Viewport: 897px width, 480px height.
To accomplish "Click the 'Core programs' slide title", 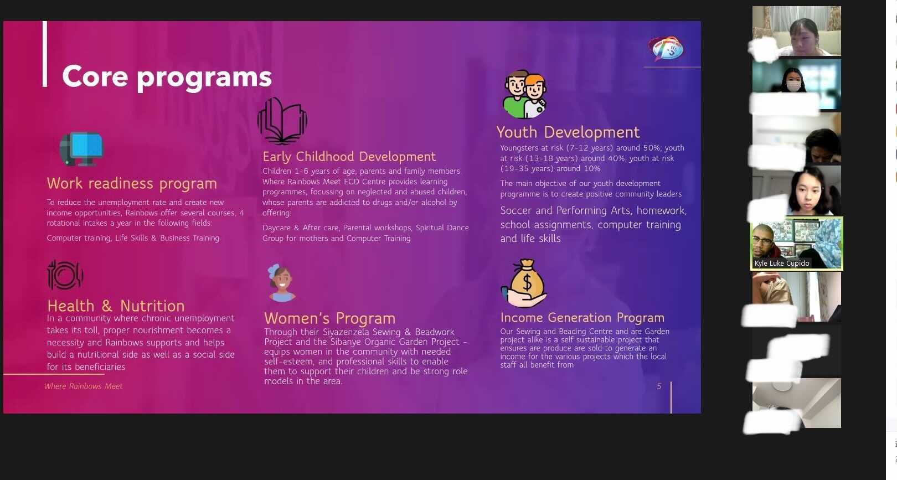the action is [x=167, y=76].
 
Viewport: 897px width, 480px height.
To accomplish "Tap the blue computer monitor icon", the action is [x=81, y=149].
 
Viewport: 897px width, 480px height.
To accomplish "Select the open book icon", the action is [x=282, y=121].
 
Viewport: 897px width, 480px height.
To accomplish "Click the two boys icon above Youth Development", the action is [x=524, y=95].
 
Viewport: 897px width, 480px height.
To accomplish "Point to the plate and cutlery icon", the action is [x=65, y=275].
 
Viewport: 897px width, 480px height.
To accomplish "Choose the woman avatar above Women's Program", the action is [x=281, y=283].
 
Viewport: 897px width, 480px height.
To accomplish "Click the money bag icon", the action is [x=524, y=283].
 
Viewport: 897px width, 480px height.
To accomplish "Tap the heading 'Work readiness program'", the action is [x=132, y=184].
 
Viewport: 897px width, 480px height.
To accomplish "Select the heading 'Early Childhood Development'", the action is [x=349, y=157].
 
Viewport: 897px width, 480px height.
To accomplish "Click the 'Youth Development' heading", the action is [x=568, y=132].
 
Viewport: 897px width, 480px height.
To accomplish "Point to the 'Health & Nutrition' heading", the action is [x=116, y=306].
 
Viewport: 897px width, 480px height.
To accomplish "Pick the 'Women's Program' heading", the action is [x=329, y=319].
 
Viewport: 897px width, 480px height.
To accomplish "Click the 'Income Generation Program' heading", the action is [x=582, y=317].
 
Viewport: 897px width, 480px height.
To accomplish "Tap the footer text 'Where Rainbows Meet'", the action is [x=83, y=386].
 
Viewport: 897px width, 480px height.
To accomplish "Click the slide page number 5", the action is [x=659, y=386].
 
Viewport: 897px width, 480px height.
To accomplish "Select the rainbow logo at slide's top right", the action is [x=666, y=48].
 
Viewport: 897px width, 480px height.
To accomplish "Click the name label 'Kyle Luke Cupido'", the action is [x=782, y=264].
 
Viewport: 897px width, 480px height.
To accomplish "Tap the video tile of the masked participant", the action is [x=796, y=84].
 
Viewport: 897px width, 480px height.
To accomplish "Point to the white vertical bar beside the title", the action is [x=45, y=54].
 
